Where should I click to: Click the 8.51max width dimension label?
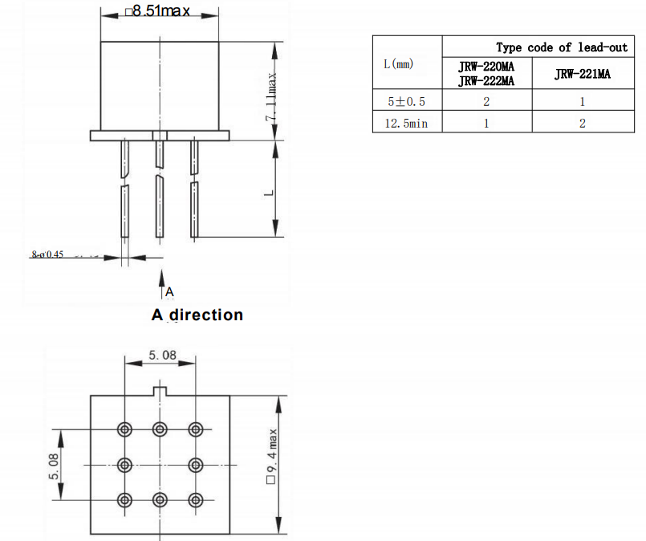click(158, 12)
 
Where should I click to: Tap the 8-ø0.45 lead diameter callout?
click(47, 254)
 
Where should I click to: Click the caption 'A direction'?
click(197, 315)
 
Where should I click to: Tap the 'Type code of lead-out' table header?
click(561, 47)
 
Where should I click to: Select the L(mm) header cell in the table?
click(399, 63)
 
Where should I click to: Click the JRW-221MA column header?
click(582, 74)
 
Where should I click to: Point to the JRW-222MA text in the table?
click(486, 80)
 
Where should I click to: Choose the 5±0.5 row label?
click(407, 102)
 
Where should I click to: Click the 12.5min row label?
click(407, 123)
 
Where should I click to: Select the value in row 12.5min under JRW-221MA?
click(582, 123)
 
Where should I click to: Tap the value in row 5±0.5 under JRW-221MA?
click(582, 102)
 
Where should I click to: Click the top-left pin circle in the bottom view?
click(124, 429)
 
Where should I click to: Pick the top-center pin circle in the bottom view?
click(159, 429)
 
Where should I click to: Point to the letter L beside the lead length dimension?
click(270, 192)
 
